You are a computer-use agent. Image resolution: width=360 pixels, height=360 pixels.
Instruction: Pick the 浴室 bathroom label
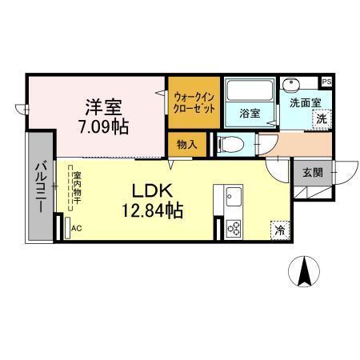point(250,114)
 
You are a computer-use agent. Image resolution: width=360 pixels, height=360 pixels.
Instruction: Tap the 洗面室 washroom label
point(305,102)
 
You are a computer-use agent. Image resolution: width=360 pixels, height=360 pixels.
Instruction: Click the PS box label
point(326,82)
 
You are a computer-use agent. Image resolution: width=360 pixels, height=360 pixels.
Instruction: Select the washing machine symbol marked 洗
point(321,118)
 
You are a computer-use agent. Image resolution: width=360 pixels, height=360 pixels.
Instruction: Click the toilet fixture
point(229,145)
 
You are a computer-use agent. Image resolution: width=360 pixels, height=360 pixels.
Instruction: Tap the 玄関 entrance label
point(312,171)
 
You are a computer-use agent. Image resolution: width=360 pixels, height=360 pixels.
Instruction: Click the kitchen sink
point(233,195)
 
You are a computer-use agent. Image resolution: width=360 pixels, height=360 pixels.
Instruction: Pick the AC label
point(76,229)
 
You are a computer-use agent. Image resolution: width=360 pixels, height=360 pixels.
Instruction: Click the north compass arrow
point(305,272)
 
